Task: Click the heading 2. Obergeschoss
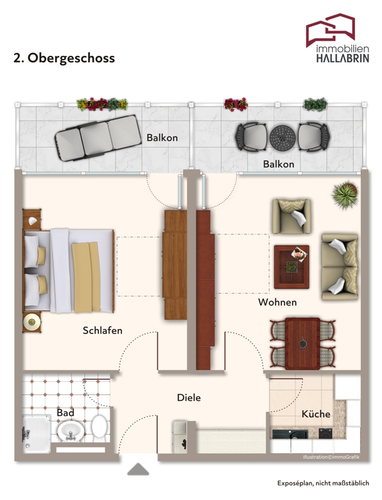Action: pyautogui.click(x=64, y=58)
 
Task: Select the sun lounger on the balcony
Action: pyautogui.click(x=98, y=138)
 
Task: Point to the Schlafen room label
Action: pyautogui.click(x=103, y=331)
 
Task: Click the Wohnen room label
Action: pyautogui.click(x=278, y=302)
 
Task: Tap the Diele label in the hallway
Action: pyautogui.click(x=189, y=398)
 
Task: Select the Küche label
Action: pyautogui.click(x=316, y=414)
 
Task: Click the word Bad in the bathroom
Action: pyautogui.click(x=65, y=412)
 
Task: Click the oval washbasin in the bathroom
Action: pyautogui.click(x=71, y=431)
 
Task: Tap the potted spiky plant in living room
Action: pyautogui.click(x=344, y=195)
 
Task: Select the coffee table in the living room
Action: pyautogui.click(x=292, y=266)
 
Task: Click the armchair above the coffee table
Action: pyautogui.click(x=291, y=216)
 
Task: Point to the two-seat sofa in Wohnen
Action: pyautogui.click(x=340, y=267)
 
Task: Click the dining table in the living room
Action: pyautogui.click(x=302, y=344)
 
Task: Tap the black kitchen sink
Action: pyautogui.click(x=290, y=434)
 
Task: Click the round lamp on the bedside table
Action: pyautogui.click(x=31, y=322)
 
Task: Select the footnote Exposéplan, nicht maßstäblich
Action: pyautogui.click(x=323, y=483)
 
